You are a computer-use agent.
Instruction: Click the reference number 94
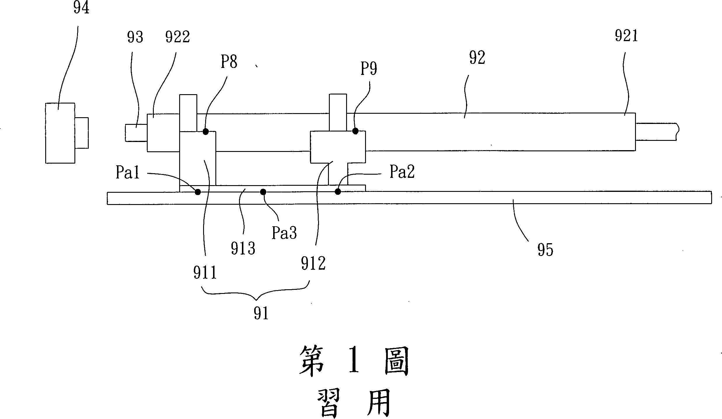pyautogui.click(x=81, y=8)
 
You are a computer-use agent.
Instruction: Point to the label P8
pyautogui.click(x=229, y=62)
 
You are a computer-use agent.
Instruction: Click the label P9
pyautogui.click(x=369, y=69)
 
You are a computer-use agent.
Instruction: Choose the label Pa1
pyautogui.click(x=128, y=173)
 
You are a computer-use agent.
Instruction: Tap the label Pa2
pyautogui.click(x=402, y=172)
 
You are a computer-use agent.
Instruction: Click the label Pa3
pyautogui.click(x=284, y=233)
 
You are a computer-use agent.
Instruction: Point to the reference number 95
pyautogui.click(x=545, y=250)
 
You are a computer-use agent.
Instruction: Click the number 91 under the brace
pyautogui.click(x=261, y=313)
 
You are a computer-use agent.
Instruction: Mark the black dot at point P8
pyautogui.click(x=206, y=132)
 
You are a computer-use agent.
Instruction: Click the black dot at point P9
pyautogui.click(x=355, y=131)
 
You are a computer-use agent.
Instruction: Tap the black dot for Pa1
pyautogui.click(x=198, y=192)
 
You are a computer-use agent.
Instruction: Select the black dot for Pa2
pyautogui.click(x=338, y=192)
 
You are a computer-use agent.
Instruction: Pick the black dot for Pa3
pyautogui.click(x=263, y=192)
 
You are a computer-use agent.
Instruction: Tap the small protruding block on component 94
pyautogui.click(x=82, y=133)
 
